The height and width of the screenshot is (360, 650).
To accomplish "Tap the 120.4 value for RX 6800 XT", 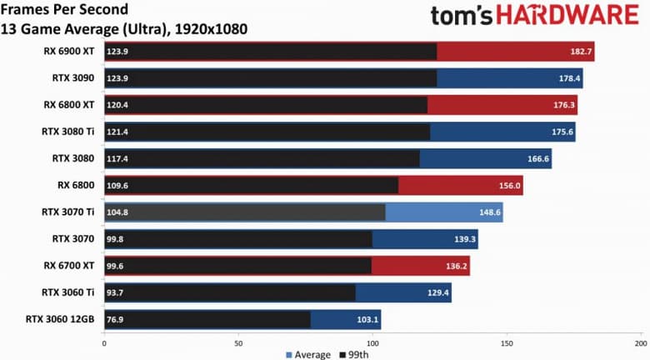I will click(x=117, y=105).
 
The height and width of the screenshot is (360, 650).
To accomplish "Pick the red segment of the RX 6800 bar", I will click(x=460, y=186).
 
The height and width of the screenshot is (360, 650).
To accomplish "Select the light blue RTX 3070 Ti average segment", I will click(x=443, y=212).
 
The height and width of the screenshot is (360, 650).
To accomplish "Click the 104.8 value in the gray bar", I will click(x=117, y=212).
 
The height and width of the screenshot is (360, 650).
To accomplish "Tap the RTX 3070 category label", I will click(x=73, y=239).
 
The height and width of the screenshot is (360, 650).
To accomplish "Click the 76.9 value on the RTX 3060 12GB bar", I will click(x=116, y=319).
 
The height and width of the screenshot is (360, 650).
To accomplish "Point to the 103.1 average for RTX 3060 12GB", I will click(x=367, y=319).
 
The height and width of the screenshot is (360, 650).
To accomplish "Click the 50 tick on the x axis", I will click(x=238, y=342).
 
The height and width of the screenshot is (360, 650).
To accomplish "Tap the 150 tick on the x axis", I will click(x=507, y=342).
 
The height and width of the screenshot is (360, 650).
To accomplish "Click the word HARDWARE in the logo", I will click(x=566, y=17).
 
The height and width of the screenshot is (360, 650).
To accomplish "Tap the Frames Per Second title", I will click(x=66, y=11).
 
